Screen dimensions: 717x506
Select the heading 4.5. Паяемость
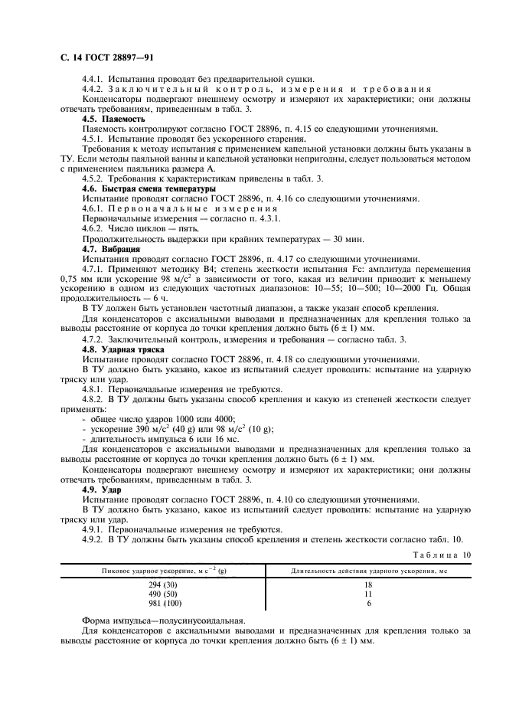(114, 120)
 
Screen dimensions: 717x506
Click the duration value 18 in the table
(368, 584)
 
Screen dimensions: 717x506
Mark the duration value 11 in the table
(368, 593)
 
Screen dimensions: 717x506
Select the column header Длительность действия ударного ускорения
(368, 570)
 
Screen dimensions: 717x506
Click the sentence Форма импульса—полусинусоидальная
(164, 620)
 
